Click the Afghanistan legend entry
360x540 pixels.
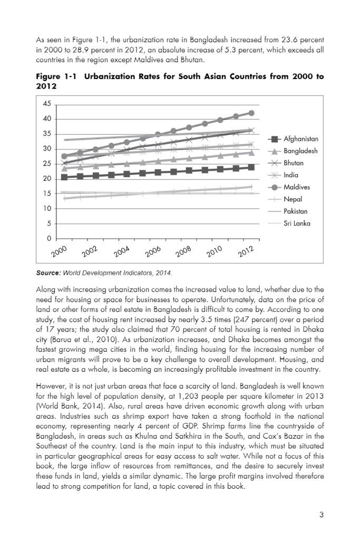click(300, 139)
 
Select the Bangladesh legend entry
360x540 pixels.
click(300, 151)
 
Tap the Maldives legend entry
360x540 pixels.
click(297, 187)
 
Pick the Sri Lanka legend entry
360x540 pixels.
click(297, 223)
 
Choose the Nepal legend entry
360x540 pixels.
click(293, 199)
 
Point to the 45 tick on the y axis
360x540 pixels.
click(47, 103)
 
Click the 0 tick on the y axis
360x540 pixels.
click(49, 239)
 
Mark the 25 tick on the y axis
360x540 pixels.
click(47, 164)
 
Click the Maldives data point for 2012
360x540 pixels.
click(251, 113)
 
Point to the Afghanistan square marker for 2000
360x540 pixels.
click(64, 177)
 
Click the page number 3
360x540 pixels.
click(321, 515)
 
